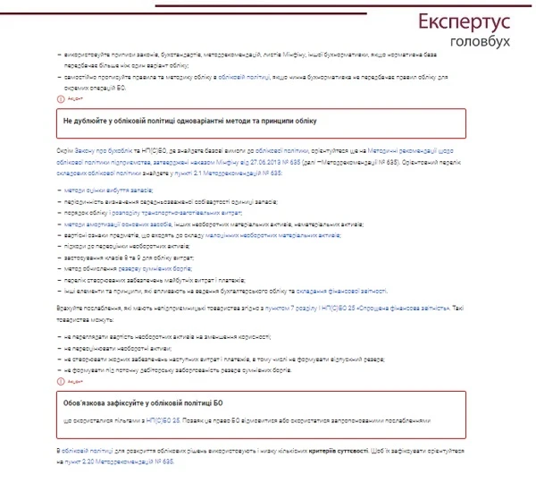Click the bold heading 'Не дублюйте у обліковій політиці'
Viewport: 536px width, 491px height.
(190, 121)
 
